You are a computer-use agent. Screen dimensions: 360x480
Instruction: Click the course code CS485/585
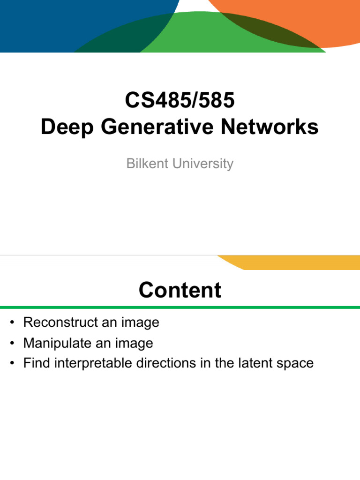coord(180,101)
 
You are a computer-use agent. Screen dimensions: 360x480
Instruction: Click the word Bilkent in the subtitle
coord(144,164)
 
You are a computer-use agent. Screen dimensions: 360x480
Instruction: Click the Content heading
coord(180,290)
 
